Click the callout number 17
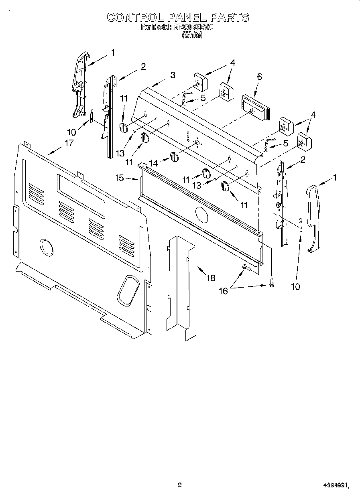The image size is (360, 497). (69, 142)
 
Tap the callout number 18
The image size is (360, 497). (210, 278)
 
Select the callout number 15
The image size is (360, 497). (120, 178)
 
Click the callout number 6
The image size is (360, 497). (259, 77)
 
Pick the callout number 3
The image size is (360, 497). (173, 75)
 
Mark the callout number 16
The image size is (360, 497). (223, 291)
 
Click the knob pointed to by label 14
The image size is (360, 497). (174, 157)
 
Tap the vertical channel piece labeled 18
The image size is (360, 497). (181, 289)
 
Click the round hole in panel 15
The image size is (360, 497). (200, 215)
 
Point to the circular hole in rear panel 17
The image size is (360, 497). (47, 247)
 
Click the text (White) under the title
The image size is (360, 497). (192, 35)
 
